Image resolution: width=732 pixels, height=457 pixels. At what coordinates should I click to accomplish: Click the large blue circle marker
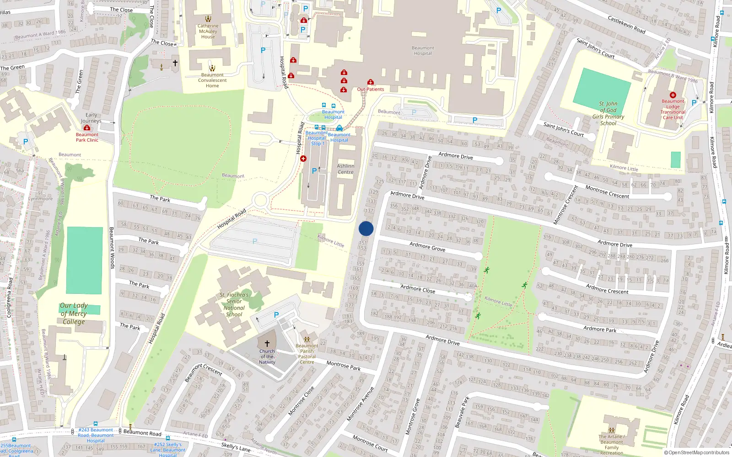tap(366, 228)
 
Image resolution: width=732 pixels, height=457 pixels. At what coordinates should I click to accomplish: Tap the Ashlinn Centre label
tap(345, 169)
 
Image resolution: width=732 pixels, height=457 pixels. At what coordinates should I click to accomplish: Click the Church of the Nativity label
tap(267, 357)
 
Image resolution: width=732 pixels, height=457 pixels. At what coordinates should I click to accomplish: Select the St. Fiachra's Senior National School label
tap(234, 304)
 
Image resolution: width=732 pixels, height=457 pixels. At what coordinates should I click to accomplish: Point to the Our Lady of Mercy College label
tap(74, 314)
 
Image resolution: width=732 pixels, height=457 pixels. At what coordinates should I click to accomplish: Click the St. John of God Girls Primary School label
tap(608, 113)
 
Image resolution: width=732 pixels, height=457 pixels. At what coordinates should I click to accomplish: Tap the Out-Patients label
tap(371, 89)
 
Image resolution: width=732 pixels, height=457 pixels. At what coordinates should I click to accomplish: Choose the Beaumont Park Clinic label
tap(87, 137)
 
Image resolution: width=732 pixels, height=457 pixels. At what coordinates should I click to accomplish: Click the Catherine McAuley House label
tap(208, 31)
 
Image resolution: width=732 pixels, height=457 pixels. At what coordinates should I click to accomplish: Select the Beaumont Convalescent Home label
tap(212, 80)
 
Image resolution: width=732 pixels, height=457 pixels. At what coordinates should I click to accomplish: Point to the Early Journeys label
tap(91, 118)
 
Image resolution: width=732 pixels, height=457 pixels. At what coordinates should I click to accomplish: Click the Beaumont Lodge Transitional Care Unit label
tap(673, 110)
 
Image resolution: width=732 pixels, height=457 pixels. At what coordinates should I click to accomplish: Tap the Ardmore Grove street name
tap(427, 247)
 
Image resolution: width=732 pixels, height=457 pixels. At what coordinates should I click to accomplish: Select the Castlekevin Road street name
tap(626, 24)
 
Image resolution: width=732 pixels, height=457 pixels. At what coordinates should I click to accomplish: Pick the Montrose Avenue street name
tap(361, 404)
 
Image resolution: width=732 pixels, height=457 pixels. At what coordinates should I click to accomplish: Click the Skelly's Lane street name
tap(236, 447)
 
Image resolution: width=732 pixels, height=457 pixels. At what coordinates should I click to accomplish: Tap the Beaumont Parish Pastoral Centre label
tap(307, 354)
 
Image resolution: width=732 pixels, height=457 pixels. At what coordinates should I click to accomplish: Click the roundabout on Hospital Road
tap(260, 200)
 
